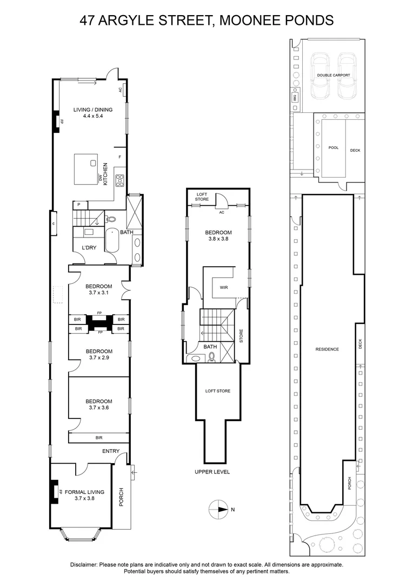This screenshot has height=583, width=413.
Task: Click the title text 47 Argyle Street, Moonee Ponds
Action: [206, 21]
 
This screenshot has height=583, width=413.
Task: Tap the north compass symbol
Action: [219, 509]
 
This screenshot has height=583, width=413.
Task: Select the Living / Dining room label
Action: [93, 112]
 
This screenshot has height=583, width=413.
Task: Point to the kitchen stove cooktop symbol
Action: [119, 180]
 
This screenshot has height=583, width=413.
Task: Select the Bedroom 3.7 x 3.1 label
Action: [99, 289]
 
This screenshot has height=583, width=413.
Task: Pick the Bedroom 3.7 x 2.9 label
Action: [99, 354]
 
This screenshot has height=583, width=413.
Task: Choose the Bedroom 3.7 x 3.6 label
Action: [99, 404]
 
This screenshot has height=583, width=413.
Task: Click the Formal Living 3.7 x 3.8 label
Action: [84, 495]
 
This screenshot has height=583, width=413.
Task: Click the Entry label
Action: [110, 451]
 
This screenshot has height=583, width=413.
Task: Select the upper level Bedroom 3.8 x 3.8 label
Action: [218, 236]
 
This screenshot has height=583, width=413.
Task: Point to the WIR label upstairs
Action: [224, 287]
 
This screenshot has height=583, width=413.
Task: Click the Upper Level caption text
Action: [212, 471]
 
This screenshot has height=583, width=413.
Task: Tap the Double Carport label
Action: [333, 76]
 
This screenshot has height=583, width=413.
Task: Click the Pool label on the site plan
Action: [333, 147]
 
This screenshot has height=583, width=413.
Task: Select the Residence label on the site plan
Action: [327, 349]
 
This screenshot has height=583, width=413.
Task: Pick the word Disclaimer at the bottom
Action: [84, 564]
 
